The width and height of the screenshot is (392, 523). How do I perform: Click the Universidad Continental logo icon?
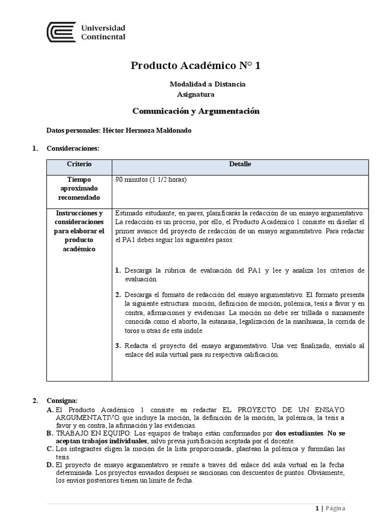click(x=61, y=32)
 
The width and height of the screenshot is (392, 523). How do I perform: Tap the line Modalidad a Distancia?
click(x=207, y=84)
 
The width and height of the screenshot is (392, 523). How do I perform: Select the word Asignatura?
click(x=195, y=94)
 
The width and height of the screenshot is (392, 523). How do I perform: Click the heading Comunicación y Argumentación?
click(x=196, y=111)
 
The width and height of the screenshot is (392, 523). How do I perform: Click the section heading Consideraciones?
click(x=72, y=149)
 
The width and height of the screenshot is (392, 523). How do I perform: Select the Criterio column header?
click(x=79, y=164)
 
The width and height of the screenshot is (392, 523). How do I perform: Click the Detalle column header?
click(x=240, y=164)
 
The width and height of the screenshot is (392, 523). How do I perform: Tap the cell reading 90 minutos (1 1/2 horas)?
click(x=151, y=180)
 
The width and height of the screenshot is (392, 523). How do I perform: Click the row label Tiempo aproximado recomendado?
click(x=79, y=188)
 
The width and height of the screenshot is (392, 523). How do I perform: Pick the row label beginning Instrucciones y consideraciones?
click(x=79, y=230)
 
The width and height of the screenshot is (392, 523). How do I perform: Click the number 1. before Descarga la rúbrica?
click(x=118, y=270)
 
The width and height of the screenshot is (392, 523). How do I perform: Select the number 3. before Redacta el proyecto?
click(x=118, y=346)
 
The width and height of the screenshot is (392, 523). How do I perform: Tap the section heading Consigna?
click(x=62, y=400)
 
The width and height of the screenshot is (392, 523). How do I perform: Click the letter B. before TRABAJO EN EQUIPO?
click(x=50, y=433)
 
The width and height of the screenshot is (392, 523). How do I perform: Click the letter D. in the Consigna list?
click(x=50, y=466)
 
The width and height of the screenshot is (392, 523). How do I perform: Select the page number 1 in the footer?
click(x=316, y=508)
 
